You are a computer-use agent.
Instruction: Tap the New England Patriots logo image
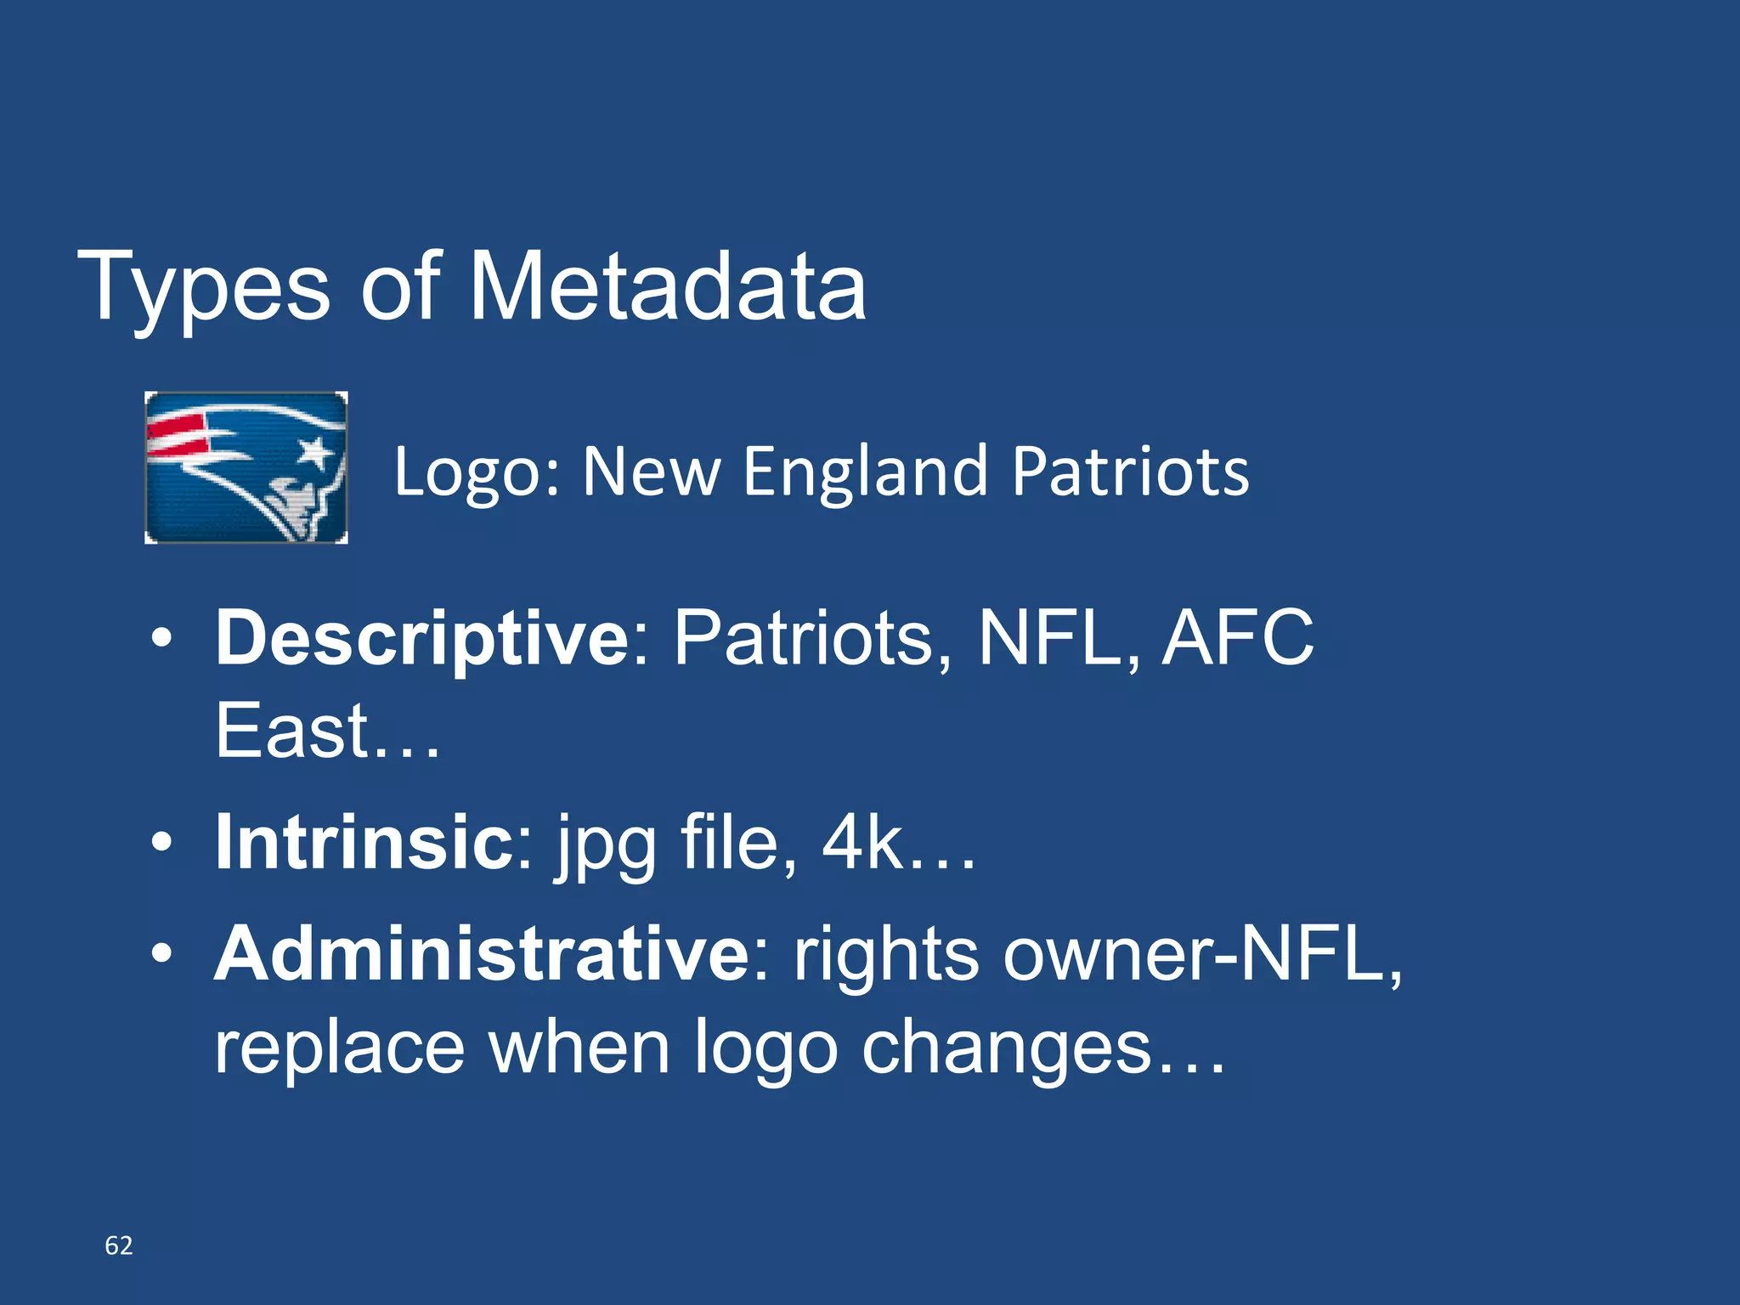(x=246, y=467)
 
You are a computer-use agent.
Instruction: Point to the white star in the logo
(x=315, y=450)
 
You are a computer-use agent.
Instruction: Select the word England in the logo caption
(x=865, y=472)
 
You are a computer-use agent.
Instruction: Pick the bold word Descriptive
(x=422, y=639)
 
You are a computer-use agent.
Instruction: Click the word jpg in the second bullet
(x=607, y=845)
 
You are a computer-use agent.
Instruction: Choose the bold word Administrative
(x=482, y=954)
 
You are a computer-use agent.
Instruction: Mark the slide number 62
(x=119, y=1246)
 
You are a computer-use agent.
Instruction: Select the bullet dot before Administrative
(x=161, y=955)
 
